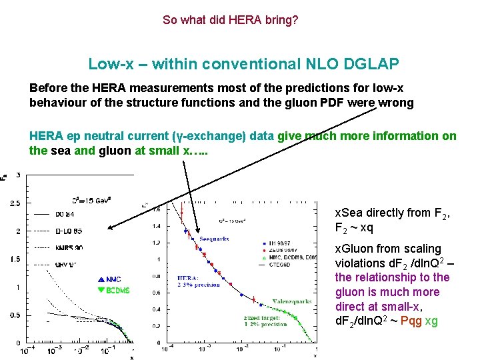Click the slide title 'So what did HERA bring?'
coord(230,20)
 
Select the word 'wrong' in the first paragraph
coord(396,103)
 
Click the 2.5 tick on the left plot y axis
coord(15,203)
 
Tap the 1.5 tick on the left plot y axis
coord(15,259)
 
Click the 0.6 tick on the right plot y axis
coord(157,292)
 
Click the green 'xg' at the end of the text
coord(431,321)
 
